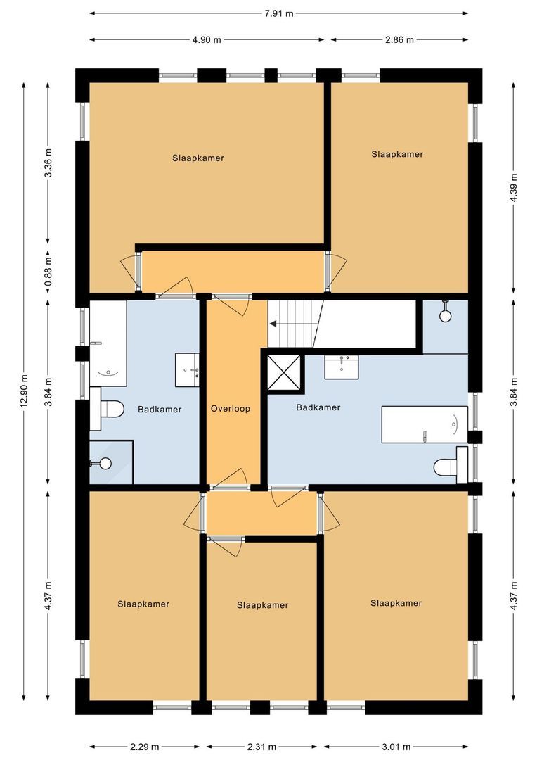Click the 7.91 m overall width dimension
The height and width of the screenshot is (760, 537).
(x=279, y=13)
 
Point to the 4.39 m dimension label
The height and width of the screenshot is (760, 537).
(x=514, y=188)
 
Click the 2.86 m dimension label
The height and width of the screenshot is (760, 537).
(x=399, y=39)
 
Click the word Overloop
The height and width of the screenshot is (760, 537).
(x=231, y=408)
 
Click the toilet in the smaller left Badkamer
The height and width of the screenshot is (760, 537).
(x=109, y=409)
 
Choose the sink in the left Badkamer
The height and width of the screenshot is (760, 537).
(x=188, y=369)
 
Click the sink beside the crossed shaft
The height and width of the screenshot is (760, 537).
(x=342, y=367)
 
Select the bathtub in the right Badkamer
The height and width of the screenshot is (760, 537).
(x=424, y=424)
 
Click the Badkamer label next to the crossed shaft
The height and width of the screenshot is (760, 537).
(x=318, y=407)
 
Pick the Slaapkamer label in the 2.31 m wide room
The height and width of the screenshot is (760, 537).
(x=262, y=605)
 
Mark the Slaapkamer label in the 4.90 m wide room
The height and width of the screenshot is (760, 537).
(x=198, y=158)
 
